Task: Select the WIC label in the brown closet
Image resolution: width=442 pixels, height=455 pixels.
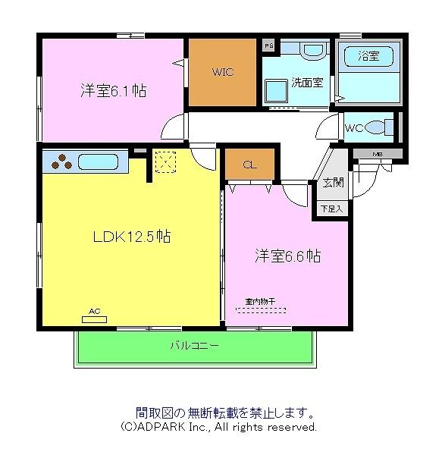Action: (x=222, y=73)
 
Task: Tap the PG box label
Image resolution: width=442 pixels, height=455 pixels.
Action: (x=268, y=46)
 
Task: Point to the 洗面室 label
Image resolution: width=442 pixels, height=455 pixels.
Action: (x=307, y=83)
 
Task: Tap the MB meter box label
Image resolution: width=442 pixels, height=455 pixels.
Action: (x=377, y=155)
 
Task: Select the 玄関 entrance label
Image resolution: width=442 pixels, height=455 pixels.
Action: (x=332, y=183)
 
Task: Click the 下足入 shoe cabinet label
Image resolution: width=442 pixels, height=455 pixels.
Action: (x=331, y=208)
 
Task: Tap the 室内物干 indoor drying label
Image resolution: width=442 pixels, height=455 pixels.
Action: (x=260, y=301)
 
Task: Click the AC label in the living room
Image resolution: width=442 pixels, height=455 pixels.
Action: (x=94, y=311)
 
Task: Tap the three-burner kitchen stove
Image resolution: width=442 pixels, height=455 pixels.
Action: (x=61, y=162)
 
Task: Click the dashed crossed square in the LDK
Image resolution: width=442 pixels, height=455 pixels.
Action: (x=165, y=162)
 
